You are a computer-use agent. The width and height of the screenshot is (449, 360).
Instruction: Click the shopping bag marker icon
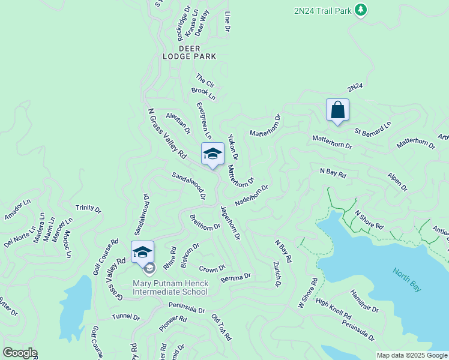(x=337, y=110)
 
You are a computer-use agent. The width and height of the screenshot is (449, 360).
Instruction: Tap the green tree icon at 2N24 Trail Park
(x=360, y=10)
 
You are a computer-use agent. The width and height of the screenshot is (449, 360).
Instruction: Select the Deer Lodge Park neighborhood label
(x=189, y=52)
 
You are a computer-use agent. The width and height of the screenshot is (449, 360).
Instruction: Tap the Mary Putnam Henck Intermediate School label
(x=170, y=287)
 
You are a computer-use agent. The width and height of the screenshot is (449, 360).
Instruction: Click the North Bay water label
(x=407, y=280)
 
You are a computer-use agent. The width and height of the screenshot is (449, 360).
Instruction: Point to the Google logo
(x=20, y=353)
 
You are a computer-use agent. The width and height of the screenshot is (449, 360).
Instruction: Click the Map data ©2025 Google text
(x=412, y=355)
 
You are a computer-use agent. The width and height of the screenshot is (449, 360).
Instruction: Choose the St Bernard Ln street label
(x=372, y=128)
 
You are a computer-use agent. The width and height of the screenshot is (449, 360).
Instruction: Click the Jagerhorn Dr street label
(x=230, y=223)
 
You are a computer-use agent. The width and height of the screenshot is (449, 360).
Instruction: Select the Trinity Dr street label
(x=88, y=208)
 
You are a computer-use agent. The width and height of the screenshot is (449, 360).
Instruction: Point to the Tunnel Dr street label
(x=125, y=316)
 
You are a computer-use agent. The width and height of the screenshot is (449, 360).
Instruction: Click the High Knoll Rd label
(x=333, y=310)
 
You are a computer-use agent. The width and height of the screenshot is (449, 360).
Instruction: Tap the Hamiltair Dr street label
(x=364, y=302)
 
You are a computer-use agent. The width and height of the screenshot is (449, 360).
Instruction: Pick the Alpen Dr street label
(x=397, y=183)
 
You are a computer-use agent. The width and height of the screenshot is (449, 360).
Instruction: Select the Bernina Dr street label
(x=236, y=277)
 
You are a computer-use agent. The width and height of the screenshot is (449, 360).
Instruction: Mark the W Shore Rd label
(x=307, y=293)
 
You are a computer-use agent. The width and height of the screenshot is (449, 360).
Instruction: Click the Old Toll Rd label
(x=221, y=327)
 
